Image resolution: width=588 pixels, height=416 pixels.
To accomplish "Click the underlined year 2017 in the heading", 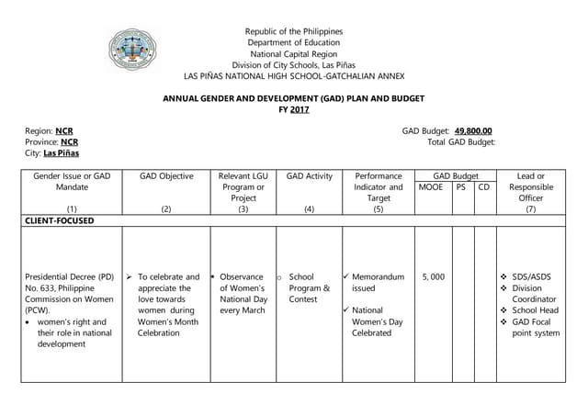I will click(300, 110).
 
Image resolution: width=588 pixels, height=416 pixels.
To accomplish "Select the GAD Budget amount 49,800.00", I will click(473, 131).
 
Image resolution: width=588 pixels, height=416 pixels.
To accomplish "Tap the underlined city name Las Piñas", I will click(62, 153).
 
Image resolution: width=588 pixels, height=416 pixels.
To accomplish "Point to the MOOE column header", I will click(431, 186).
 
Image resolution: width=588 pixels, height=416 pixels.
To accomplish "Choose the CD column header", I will click(484, 186).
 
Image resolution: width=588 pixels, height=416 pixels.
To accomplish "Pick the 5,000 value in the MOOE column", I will click(433, 275).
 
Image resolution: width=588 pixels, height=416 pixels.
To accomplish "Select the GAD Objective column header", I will click(166, 175).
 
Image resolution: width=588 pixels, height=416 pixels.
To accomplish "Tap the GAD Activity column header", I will click(309, 175).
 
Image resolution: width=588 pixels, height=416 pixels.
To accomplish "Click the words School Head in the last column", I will click(536, 310).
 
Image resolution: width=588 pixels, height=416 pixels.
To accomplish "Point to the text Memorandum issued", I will click(377, 282).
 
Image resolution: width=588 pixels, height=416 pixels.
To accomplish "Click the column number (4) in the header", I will click(309, 208).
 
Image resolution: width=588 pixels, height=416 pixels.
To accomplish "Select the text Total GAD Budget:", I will click(461, 142).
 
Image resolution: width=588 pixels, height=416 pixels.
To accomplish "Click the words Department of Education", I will click(293, 42).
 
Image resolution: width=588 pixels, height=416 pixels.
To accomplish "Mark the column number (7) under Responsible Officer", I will click(529, 208).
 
